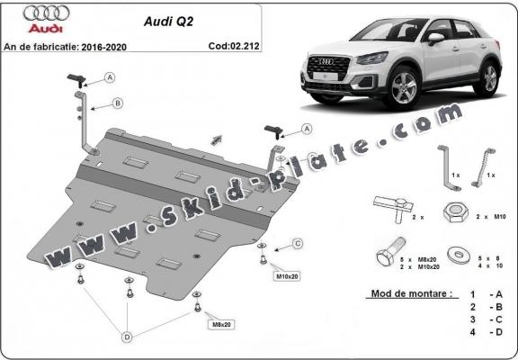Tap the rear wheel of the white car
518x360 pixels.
489,78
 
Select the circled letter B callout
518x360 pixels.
117,104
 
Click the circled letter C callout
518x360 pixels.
297,241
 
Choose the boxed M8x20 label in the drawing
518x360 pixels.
219,324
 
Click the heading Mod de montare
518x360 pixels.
410,294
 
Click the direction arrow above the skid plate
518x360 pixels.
216,139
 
